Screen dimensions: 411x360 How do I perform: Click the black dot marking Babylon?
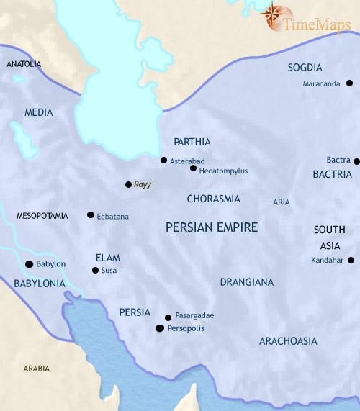point(29,264)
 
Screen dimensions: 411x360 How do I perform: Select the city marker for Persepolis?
point(159,328)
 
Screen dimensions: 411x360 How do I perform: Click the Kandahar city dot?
point(351,260)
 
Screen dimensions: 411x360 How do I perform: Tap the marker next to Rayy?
point(128,184)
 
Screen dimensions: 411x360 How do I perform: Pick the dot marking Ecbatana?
point(90,214)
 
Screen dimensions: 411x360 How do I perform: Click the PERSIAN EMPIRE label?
point(212,227)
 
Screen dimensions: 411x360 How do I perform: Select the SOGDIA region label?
point(305,68)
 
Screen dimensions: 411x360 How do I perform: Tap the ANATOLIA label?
point(24,64)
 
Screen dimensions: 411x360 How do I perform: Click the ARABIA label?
point(36,369)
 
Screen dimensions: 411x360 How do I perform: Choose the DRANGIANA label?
point(246,282)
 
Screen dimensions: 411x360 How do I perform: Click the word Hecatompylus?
point(225,171)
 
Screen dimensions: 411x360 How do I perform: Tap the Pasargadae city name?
point(194,316)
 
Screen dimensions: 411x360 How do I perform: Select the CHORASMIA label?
point(213,199)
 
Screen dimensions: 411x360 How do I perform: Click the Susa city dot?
point(95,271)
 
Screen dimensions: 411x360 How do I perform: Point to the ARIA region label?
point(281,202)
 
